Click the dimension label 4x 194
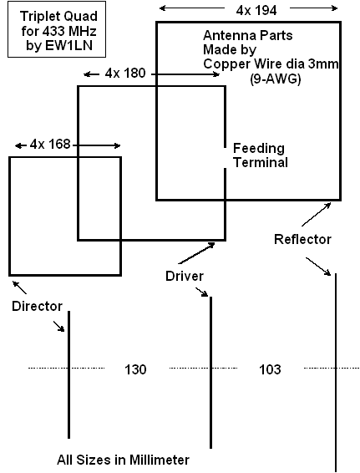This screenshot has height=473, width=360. pos(256,11)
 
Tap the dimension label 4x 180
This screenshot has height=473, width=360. pos(125,74)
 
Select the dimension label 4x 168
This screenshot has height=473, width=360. pos(50,145)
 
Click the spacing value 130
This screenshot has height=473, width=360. pos(135,369)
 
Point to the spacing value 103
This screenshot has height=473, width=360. pos(270,369)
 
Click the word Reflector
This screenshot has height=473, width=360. pos(302,239)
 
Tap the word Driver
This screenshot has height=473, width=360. pos(185,276)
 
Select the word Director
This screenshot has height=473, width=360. pos(37,306)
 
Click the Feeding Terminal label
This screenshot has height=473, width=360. pos(261,155)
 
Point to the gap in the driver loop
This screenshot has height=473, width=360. pos(225,158)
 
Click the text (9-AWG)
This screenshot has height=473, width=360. pos(276,79)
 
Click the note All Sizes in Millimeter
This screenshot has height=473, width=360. pos(123,460)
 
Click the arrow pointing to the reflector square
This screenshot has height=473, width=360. pos(316,214)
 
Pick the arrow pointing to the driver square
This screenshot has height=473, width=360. pos(196,253)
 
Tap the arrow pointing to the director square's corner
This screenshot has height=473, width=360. pos(19,287)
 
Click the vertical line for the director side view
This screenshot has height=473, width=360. pos(69,374)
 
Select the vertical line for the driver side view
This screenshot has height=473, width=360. pos(210,373)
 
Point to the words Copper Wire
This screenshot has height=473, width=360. pos(237,64)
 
